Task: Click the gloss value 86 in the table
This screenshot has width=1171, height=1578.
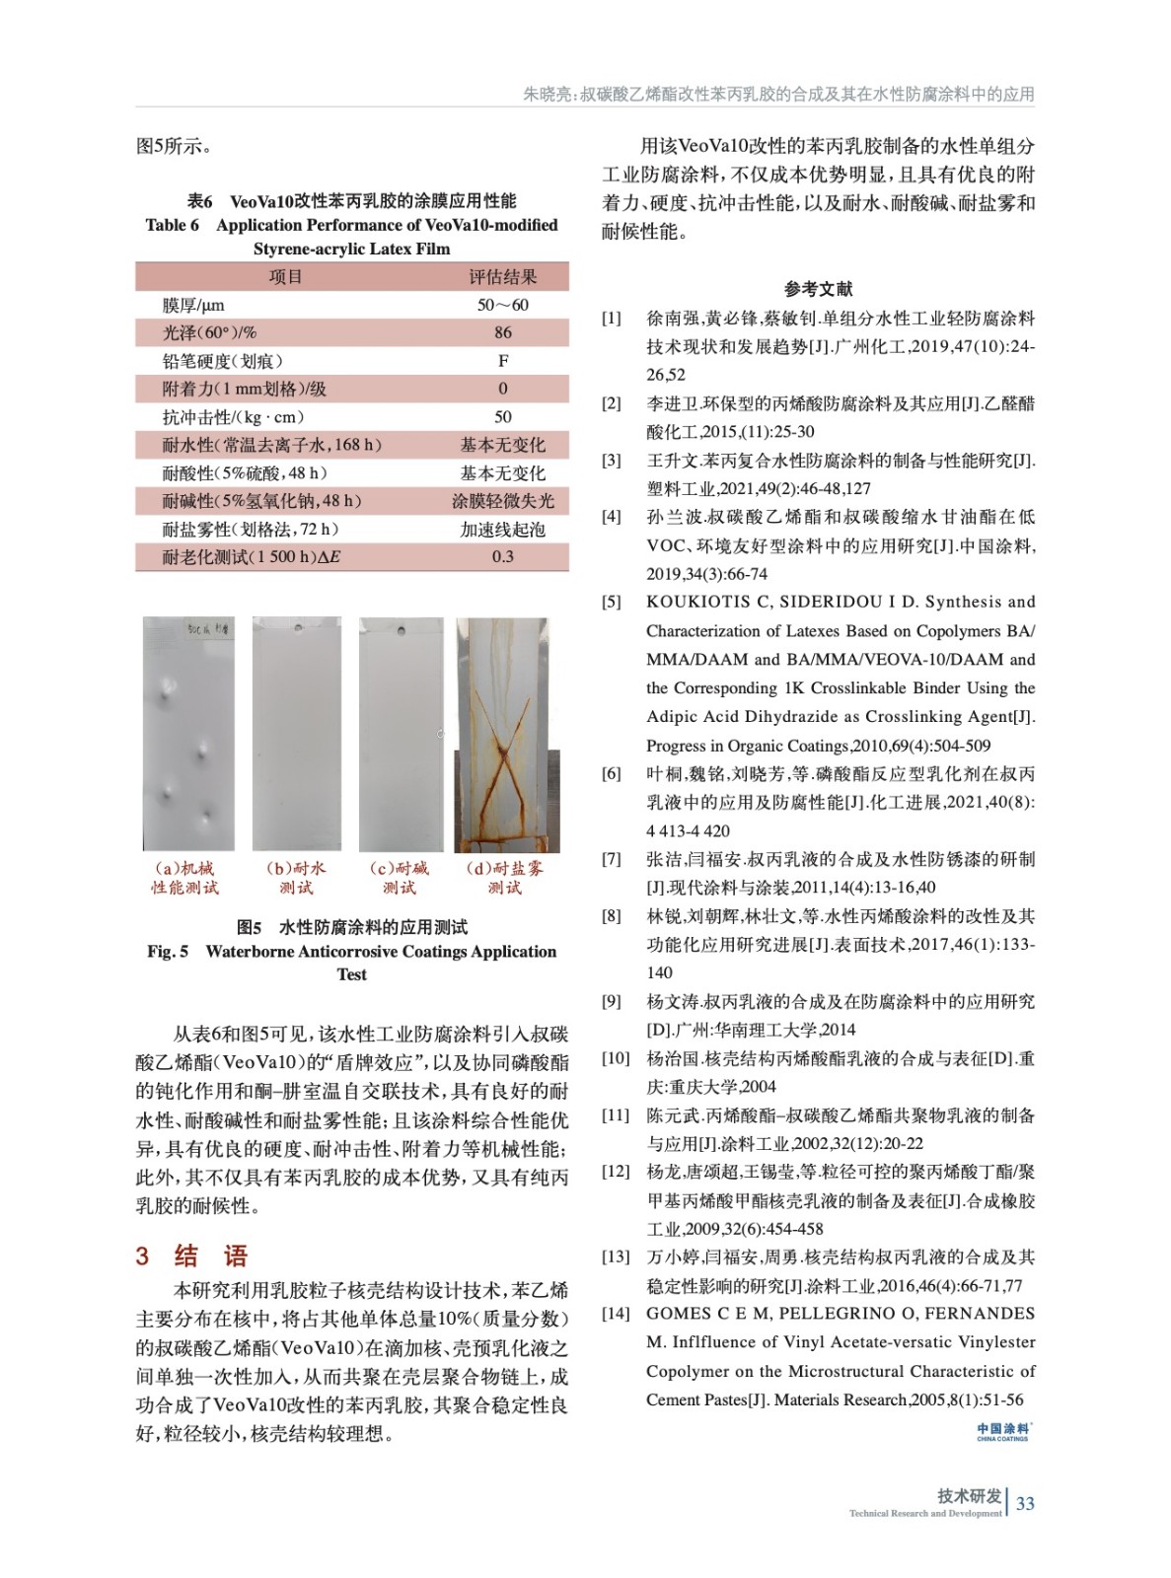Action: [502, 333]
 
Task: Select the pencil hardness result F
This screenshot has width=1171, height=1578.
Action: [503, 361]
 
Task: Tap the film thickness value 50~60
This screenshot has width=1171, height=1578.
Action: [502, 305]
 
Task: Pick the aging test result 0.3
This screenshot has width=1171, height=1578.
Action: [502, 557]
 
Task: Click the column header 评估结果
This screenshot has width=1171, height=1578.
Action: [502, 277]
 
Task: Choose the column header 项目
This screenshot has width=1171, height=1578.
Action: [286, 277]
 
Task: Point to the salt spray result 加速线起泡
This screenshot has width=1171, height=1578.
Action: [502, 530]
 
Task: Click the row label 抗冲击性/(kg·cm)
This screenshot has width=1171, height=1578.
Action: [234, 417]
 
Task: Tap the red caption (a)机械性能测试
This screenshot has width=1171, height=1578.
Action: [185, 878]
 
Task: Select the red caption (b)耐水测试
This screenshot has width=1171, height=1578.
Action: [296, 878]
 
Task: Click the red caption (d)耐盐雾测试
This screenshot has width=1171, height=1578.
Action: [504, 878]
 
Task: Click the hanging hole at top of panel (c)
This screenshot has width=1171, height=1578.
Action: [401, 628]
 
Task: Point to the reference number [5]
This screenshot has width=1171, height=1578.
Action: [612, 602]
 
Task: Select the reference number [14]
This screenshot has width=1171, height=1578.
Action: [615, 1314]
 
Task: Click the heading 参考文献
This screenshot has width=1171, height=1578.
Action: [818, 289]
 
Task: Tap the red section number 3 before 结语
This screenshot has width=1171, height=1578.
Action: [142, 1255]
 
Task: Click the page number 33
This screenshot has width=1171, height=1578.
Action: [1025, 1503]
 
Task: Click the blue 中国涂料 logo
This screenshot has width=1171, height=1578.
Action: [1003, 1431]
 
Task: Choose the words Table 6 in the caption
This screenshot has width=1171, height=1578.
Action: [172, 225]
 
